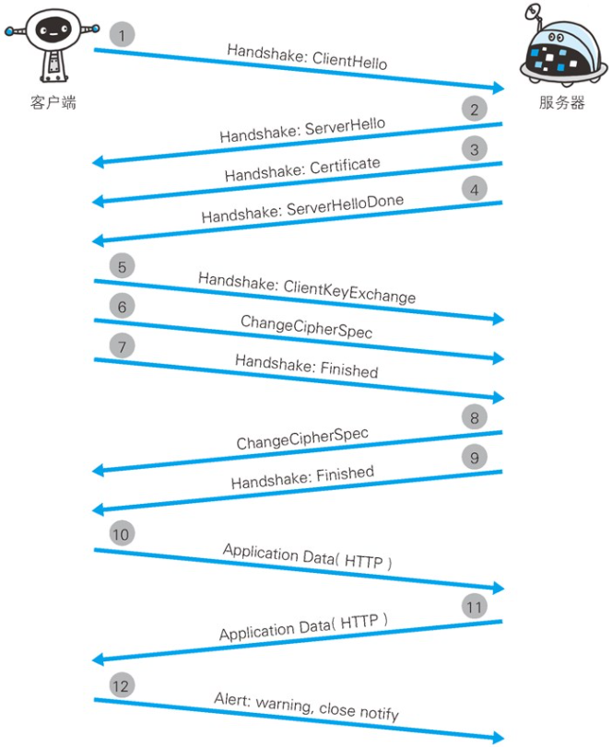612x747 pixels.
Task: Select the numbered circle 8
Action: [475, 418]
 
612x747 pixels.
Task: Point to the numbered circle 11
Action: [475, 607]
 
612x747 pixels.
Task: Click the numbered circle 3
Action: [475, 149]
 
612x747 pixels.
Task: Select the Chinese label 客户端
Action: [53, 102]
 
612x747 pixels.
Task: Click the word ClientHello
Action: [350, 62]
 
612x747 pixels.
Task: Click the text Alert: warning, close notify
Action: [307, 706]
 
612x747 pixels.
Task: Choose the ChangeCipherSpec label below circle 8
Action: [301, 438]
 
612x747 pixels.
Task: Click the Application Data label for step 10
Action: [307, 557]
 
